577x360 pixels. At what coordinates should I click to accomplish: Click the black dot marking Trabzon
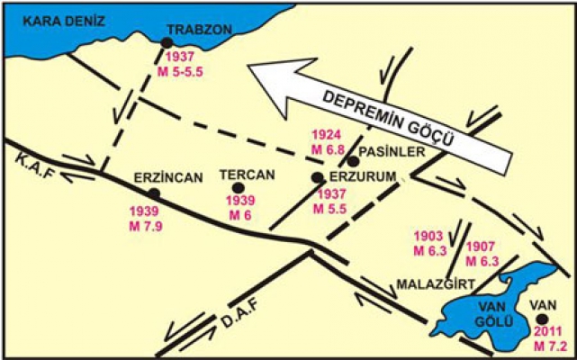pyautogui.click(x=166, y=42)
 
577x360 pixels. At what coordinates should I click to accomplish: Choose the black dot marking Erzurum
pyautogui.click(x=316, y=177)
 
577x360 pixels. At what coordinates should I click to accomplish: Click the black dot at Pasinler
pyautogui.click(x=354, y=162)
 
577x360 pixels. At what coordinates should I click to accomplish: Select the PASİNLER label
pyautogui.click(x=391, y=152)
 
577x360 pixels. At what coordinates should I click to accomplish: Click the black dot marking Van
pyautogui.click(x=541, y=319)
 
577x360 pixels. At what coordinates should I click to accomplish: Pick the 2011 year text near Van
pyautogui.click(x=544, y=334)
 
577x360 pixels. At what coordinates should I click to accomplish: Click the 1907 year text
pyautogui.click(x=482, y=247)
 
